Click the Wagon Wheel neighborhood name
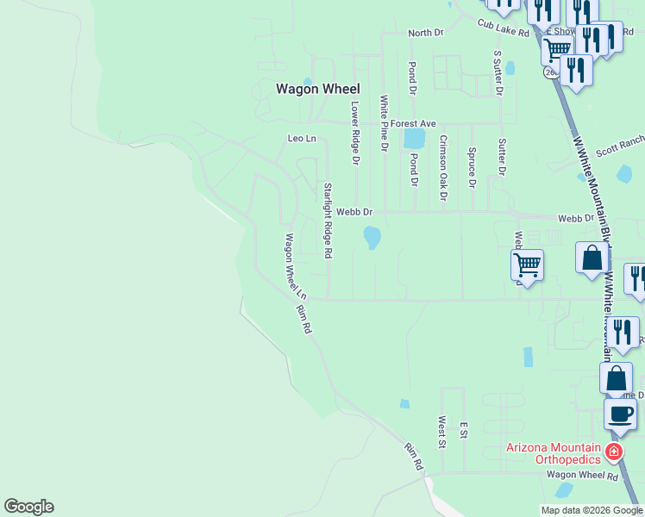pos(317,89)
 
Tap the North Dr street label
pos(425,33)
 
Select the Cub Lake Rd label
pos(504,28)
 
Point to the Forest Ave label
pos(413,124)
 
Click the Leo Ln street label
pos(302,139)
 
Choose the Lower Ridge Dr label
pos(354,133)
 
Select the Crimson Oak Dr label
pos(443,167)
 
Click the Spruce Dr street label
pos(472,167)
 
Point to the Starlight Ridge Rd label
pos(328,220)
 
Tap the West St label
pos(441,433)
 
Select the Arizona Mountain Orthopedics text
pos(552,453)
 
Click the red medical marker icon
pos(613,452)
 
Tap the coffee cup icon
pos(619,414)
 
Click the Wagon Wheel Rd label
pos(582,476)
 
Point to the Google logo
pos(28,507)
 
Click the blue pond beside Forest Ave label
pos(415,138)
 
